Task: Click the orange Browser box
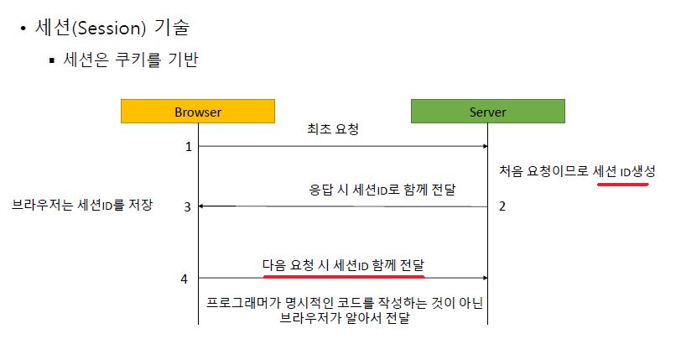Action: pyautogui.click(x=198, y=112)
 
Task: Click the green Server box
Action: pyautogui.click(x=487, y=112)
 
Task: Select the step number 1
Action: pyautogui.click(x=188, y=147)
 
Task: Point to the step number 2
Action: pyautogui.click(x=502, y=206)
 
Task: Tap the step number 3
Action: pyautogui.click(x=188, y=206)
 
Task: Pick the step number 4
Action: pyautogui.click(x=185, y=278)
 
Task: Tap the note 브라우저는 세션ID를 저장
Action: pyautogui.click(x=82, y=204)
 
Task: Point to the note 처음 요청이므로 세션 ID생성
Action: pyautogui.click(x=577, y=171)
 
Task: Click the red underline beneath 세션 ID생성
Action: pyautogui.click(x=622, y=183)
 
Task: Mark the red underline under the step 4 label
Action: pyautogui.click(x=344, y=275)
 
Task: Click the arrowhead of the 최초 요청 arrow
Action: pyautogui.click(x=484, y=147)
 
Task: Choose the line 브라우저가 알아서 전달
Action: pyautogui.click(x=345, y=319)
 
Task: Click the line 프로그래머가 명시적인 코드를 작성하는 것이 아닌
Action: pyautogui.click(x=345, y=302)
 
